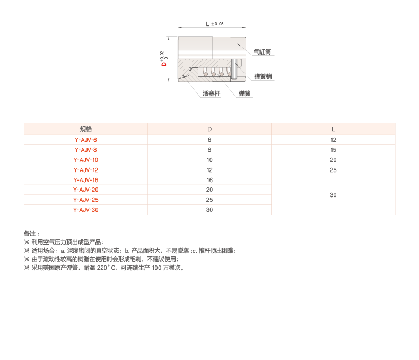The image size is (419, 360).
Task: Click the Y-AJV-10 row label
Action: pyautogui.click(x=85, y=160)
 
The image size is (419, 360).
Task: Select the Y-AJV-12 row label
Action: pyautogui.click(x=85, y=170)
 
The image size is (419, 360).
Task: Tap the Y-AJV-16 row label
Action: pyautogui.click(x=85, y=180)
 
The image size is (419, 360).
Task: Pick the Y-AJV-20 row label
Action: pyautogui.click(x=85, y=190)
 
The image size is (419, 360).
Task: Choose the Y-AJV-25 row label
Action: pyautogui.click(x=85, y=200)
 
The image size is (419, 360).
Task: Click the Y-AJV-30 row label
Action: pyautogui.click(x=85, y=210)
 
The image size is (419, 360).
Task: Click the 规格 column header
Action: pyautogui.click(x=85, y=129)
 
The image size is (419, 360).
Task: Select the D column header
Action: pyautogui.click(x=209, y=129)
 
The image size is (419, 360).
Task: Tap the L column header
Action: pyautogui.click(x=333, y=129)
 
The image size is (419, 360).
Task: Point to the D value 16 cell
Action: pyautogui.click(x=209, y=180)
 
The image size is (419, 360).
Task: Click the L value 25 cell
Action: pyautogui.click(x=333, y=170)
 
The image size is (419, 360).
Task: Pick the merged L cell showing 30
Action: pyautogui.click(x=333, y=195)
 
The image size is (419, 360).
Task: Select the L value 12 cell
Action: pyautogui.click(x=333, y=140)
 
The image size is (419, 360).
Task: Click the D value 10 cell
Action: pyautogui.click(x=209, y=160)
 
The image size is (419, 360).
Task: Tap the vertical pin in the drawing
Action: pyautogui.click(x=233, y=70)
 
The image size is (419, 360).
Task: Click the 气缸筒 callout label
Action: pyautogui.click(x=263, y=52)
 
